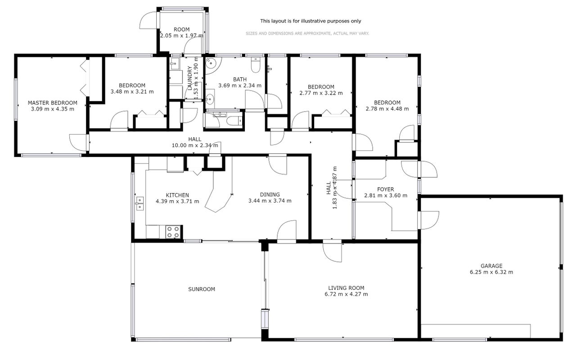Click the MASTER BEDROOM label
tap(53, 103)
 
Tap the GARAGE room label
tap(492, 266)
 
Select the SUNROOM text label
tap(202, 289)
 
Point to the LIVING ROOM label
tap(346, 288)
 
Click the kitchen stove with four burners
tap(173, 232)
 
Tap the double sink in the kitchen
tap(140, 203)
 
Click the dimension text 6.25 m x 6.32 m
tap(492, 272)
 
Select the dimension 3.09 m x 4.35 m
tap(53, 109)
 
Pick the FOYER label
tap(385, 189)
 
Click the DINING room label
tap(270, 194)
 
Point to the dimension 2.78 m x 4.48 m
tap(387, 108)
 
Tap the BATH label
tap(240, 79)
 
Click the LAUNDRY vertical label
tap(189, 78)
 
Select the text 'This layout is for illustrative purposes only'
tap(311, 21)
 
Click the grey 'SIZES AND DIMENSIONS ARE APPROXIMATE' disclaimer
tap(307, 33)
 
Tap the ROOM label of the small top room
tap(181, 29)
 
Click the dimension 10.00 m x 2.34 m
tap(194, 145)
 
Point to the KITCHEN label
tap(177, 195)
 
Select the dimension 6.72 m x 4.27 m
tap(346, 294)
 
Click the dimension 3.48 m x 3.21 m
tap(132, 91)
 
